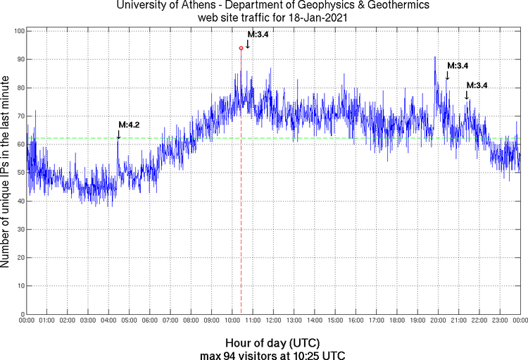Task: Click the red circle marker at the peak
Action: (x=241, y=48)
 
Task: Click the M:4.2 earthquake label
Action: (x=129, y=125)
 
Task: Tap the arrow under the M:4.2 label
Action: (x=118, y=135)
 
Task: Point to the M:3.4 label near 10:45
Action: (x=258, y=34)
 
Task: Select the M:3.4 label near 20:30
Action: (x=458, y=66)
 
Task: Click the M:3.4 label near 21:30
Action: (x=477, y=85)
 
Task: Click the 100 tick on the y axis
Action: (x=18, y=32)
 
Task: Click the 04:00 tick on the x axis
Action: (x=108, y=321)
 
